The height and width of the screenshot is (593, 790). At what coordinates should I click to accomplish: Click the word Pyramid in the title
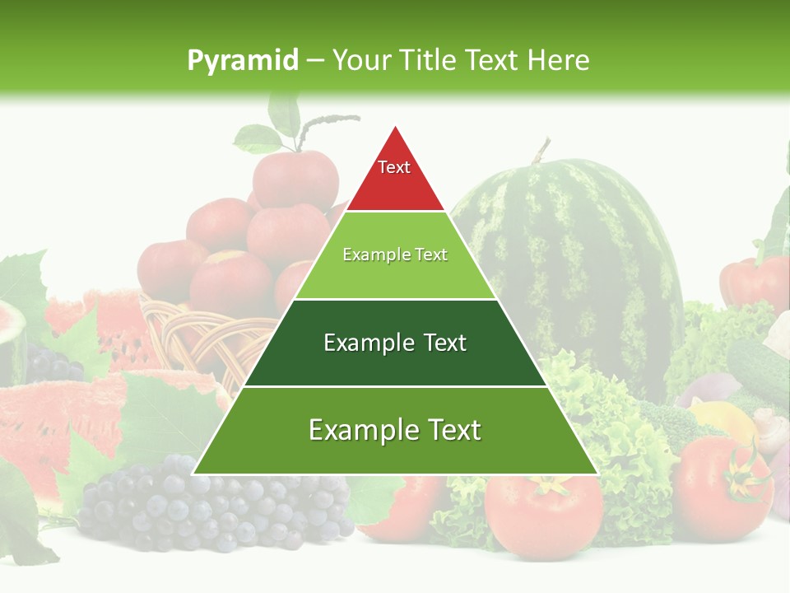(x=243, y=61)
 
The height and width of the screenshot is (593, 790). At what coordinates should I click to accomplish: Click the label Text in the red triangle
(x=394, y=167)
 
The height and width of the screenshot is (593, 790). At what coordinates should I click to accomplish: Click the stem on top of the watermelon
(x=541, y=151)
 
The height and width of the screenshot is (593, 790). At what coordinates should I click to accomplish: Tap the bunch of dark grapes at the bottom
(x=214, y=502)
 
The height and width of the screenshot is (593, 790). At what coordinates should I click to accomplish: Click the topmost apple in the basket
(x=295, y=177)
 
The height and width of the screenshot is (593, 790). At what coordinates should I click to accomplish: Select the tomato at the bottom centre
(x=543, y=515)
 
